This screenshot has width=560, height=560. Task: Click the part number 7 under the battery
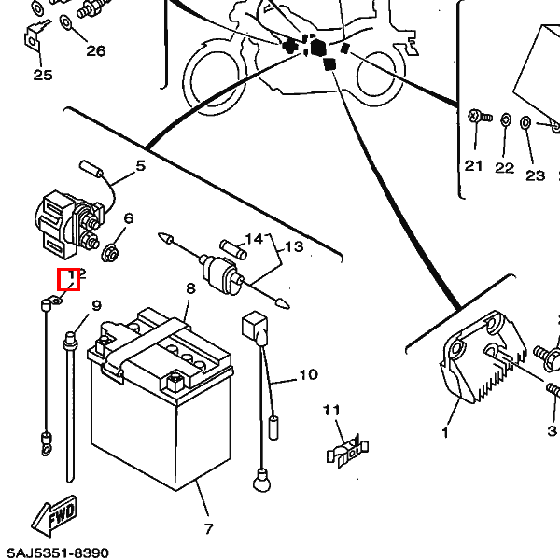tap(208, 529)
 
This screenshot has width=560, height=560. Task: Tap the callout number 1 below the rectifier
tap(444, 432)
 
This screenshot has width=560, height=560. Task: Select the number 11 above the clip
tap(332, 410)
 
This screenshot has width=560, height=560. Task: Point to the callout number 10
tap(308, 375)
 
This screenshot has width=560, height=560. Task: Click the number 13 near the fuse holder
tap(294, 247)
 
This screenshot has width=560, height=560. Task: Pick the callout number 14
tap(255, 239)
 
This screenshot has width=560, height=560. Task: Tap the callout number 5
tap(141, 166)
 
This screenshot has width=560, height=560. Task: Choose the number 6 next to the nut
tap(128, 218)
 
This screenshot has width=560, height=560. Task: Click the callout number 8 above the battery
tap(190, 288)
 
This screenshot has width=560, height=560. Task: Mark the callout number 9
tap(96, 305)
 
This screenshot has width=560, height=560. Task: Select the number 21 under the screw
tap(474, 166)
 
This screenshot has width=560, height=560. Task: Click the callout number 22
tap(504, 168)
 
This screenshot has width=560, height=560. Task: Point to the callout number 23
tap(535, 175)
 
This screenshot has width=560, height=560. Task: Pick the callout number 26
tap(96, 50)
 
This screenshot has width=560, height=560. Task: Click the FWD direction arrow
tap(56, 514)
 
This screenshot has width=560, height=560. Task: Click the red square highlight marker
tap(69, 279)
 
